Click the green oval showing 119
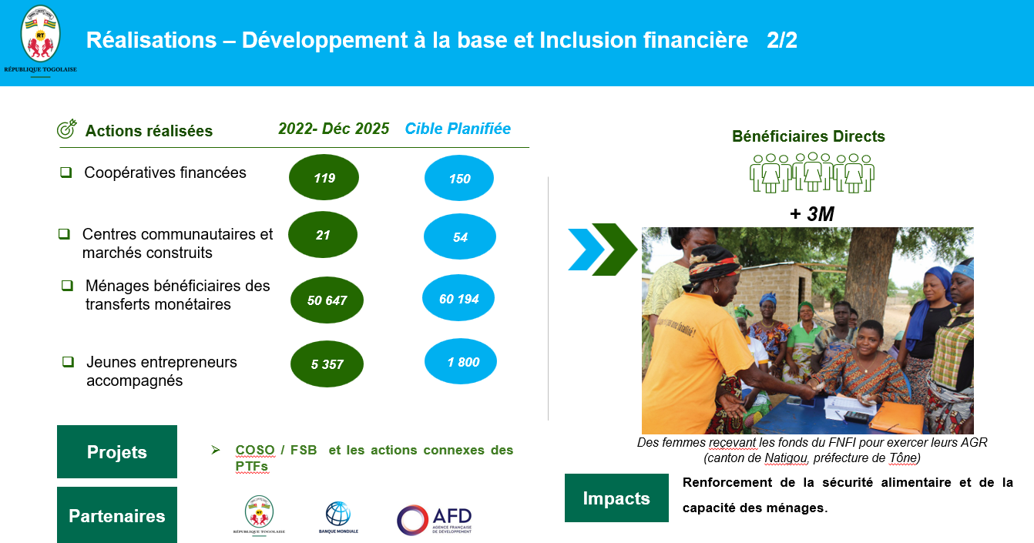(x=324, y=177)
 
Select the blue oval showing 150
(x=459, y=178)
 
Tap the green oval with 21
(x=323, y=234)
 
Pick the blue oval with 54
(x=460, y=236)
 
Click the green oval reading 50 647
(x=327, y=300)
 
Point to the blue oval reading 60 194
(x=458, y=298)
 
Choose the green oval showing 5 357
(x=327, y=364)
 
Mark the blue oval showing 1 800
(x=461, y=361)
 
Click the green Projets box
(x=117, y=451)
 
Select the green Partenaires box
(x=117, y=515)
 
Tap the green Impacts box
(x=616, y=498)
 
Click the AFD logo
(x=434, y=520)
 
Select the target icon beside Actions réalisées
(x=67, y=129)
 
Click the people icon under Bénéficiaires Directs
(x=812, y=173)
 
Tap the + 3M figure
(x=812, y=213)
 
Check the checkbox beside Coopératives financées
(x=66, y=173)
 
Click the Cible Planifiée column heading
(x=458, y=129)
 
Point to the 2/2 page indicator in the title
(x=782, y=40)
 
